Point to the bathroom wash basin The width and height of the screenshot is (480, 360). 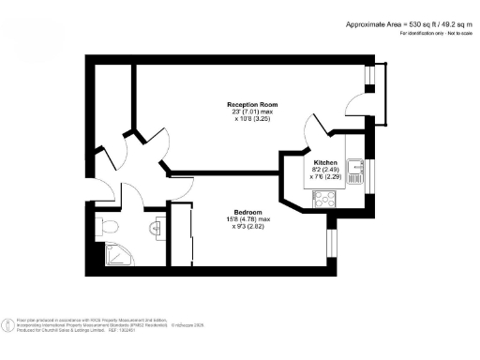pyautogui.click(x=156, y=226)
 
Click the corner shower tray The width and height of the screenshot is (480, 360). pyautogui.click(x=110, y=253)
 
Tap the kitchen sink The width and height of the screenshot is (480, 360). pyautogui.click(x=355, y=170)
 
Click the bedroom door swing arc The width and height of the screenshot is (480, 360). pyautogui.click(x=180, y=187)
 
